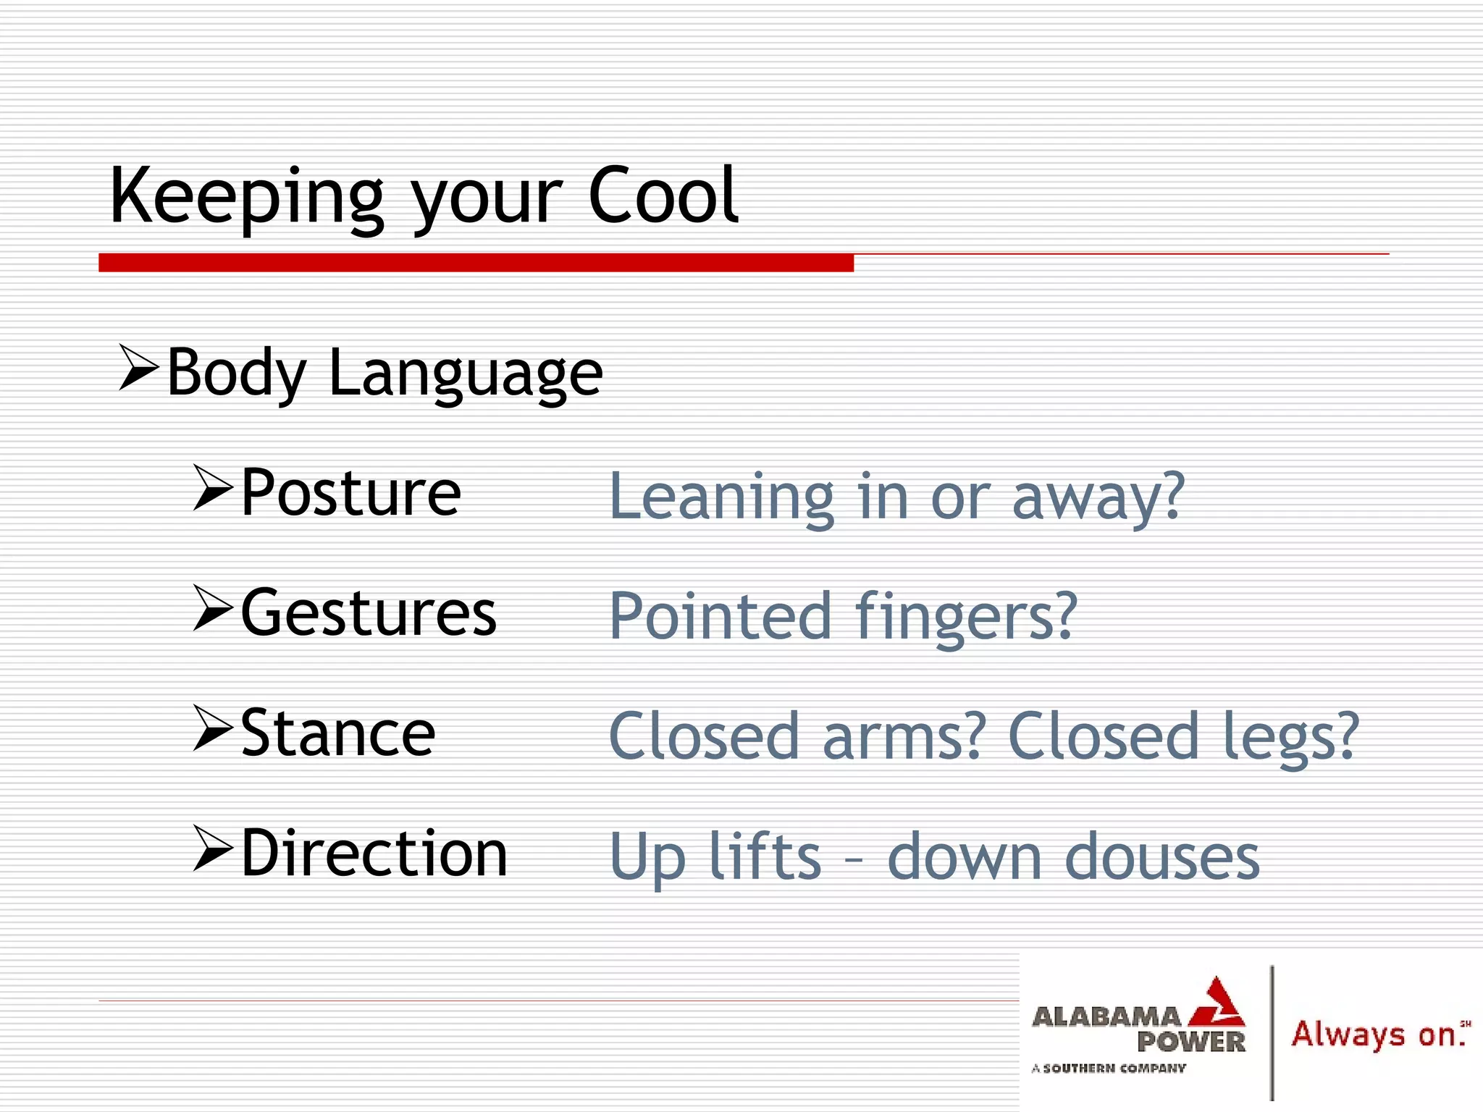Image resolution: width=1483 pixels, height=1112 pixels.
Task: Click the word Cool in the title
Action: pos(663,195)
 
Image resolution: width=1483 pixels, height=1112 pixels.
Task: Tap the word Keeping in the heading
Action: pos(246,197)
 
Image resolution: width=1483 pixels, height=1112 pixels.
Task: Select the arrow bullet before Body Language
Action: pos(138,368)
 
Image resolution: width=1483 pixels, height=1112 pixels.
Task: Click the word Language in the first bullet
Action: pos(466,374)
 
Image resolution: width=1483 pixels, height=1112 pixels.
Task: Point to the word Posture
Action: pos(350,493)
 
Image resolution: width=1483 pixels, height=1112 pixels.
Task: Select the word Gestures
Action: pos(369,613)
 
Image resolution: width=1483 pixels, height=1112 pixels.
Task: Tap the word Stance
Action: pos(337,733)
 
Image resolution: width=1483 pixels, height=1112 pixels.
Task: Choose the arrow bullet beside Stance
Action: pos(213,729)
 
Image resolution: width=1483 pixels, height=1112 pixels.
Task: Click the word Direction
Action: pos(374,854)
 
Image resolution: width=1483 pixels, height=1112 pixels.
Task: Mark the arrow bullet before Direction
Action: pos(213,849)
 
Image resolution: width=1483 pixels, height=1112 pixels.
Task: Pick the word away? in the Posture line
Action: pos(1098,498)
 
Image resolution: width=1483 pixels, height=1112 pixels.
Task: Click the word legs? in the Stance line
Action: pos(1291,738)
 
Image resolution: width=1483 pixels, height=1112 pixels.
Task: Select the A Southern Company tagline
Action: pos(1109,1068)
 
